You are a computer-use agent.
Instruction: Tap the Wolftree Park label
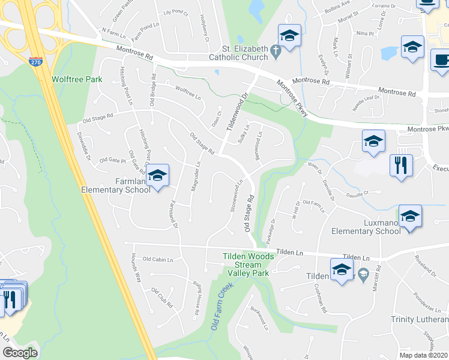pyautogui.click(x=76, y=79)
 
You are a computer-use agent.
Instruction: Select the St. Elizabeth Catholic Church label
pyautogui.click(x=240, y=53)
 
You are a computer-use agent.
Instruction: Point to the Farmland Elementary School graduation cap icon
pyautogui.click(x=158, y=175)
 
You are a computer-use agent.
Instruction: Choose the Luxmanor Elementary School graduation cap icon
pyautogui.click(x=411, y=215)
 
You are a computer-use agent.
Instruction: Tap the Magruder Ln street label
pyautogui.click(x=195, y=176)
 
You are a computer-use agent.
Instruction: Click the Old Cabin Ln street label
pyautogui.click(x=157, y=259)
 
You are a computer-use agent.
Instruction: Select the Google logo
pyautogui.click(x=20, y=353)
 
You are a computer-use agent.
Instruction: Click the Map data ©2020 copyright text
pyautogui.click(x=423, y=355)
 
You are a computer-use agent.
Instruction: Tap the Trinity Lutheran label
pyautogui.click(x=420, y=319)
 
